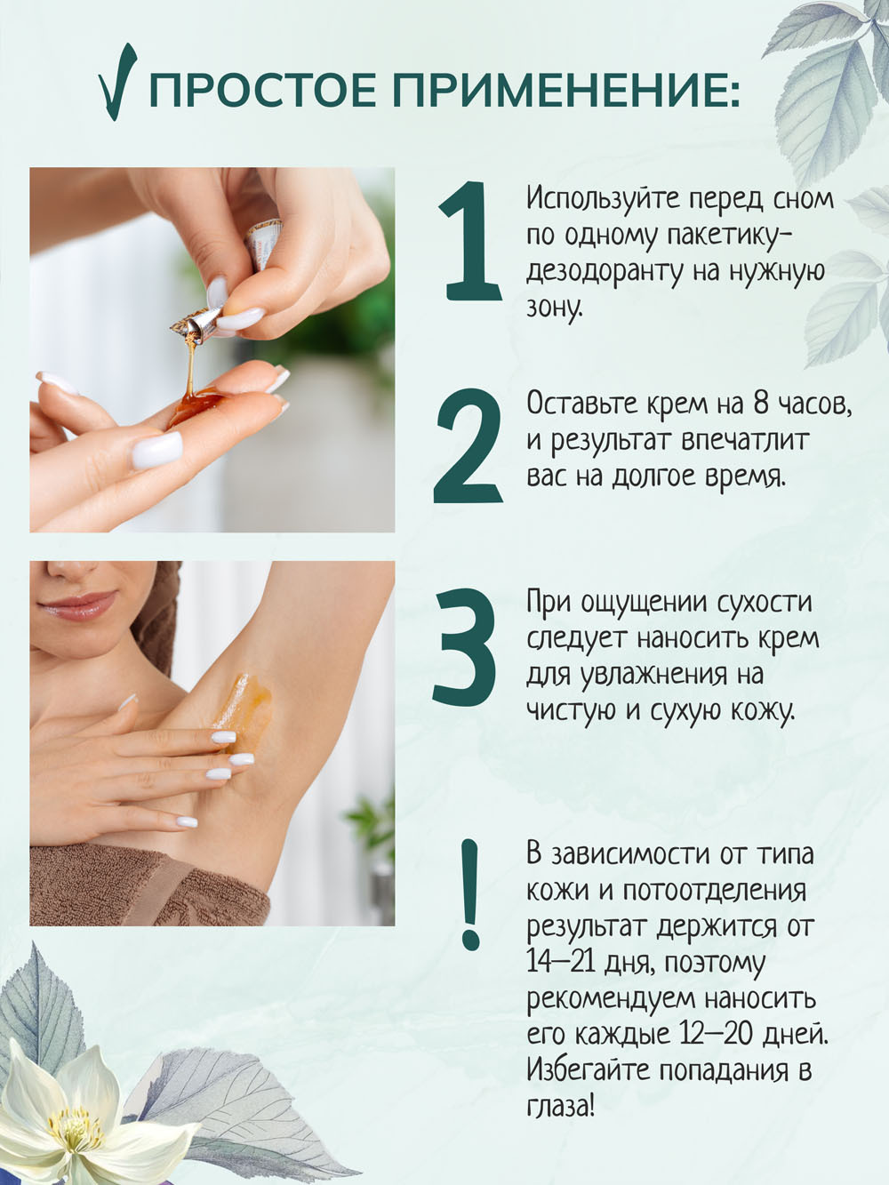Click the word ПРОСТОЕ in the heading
(x=263, y=90)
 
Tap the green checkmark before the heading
(x=118, y=82)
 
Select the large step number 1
(x=469, y=241)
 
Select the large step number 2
(x=469, y=446)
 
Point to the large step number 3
(x=465, y=647)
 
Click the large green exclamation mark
(x=470, y=895)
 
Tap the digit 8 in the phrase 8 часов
(x=760, y=404)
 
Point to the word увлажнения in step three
(x=645, y=676)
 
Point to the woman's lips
(x=78, y=605)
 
